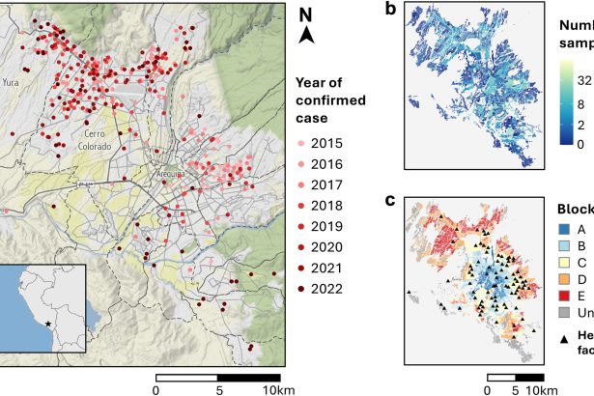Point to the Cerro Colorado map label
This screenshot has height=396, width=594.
[100, 139]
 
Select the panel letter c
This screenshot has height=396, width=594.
[389, 201]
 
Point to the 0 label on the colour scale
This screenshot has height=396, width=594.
[566, 144]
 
